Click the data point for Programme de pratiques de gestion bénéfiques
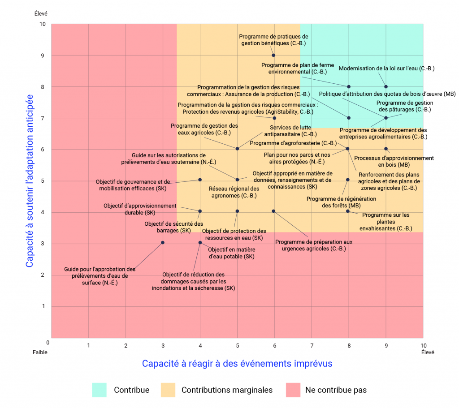pyautogui.click(x=273, y=55)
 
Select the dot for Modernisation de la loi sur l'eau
pyautogui.click(x=386, y=86)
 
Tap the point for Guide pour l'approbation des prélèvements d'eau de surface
pyautogui.click(x=163, y=242)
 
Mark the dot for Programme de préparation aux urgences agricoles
pyautogui.click(x=273, y=211)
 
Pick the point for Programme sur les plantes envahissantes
pyautogui.click(x=348, y=211)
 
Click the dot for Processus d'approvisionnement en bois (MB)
pyautogui.click(x=386, y=149)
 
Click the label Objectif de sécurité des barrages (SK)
pyautogui.click(x=174, y=227)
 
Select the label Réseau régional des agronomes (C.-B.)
pyautogui.click(x=234, y=192)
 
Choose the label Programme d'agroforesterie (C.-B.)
pyautogui.click(x=293, y=143)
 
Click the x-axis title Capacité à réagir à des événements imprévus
pyautogui.click(x=237, y=363)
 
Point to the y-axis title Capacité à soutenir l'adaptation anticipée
pyautogui.click(x=30, y=181)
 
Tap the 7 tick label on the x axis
pyautogui.click(x=312, y=345)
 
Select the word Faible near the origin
pyautogui.click(x=40, y=352)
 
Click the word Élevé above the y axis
pyautogui.click(x=41, y=14)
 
